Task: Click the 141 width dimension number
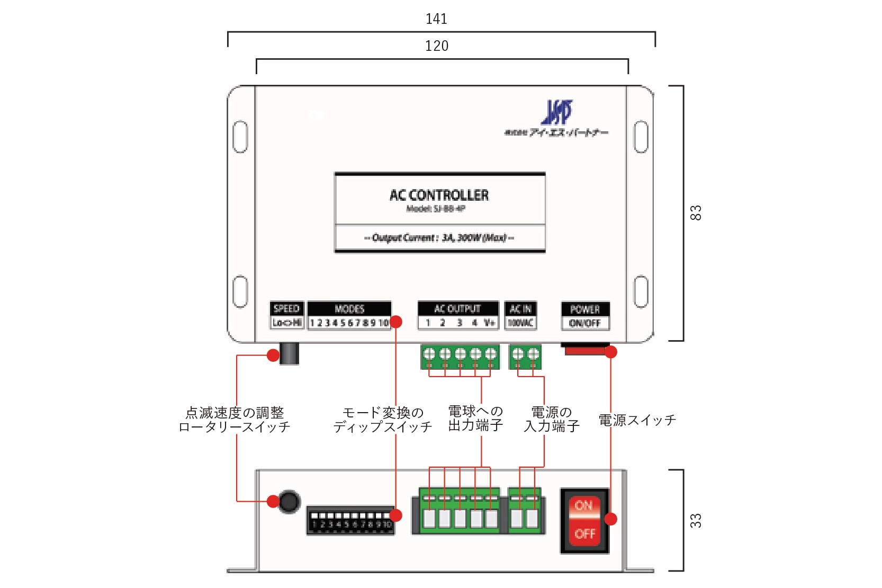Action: (x=436, y=19)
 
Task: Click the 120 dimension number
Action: (x=436, y=46)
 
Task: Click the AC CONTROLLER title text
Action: (x=439, y=195)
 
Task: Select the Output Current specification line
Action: (x=439, y=238)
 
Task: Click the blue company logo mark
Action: (x=556, y=112)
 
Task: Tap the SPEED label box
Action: (x=286, y=315)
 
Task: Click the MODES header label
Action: (x=349, y=309)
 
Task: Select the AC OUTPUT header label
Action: (x=457, y=309)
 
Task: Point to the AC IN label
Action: (x=520, y=309)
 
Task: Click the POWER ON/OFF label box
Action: (x=585, y=316)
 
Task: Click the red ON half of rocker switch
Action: (x=584, y=506)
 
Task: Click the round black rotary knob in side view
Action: (x=289, y=501)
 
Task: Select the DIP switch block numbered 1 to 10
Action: (x=350, y=520)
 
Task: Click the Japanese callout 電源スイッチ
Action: (x=637, y=421)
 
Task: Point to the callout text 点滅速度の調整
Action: (x=235, y=413)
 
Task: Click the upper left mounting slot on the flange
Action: (x=240, y=137)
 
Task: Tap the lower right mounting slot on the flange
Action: (x=641, y=291)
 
